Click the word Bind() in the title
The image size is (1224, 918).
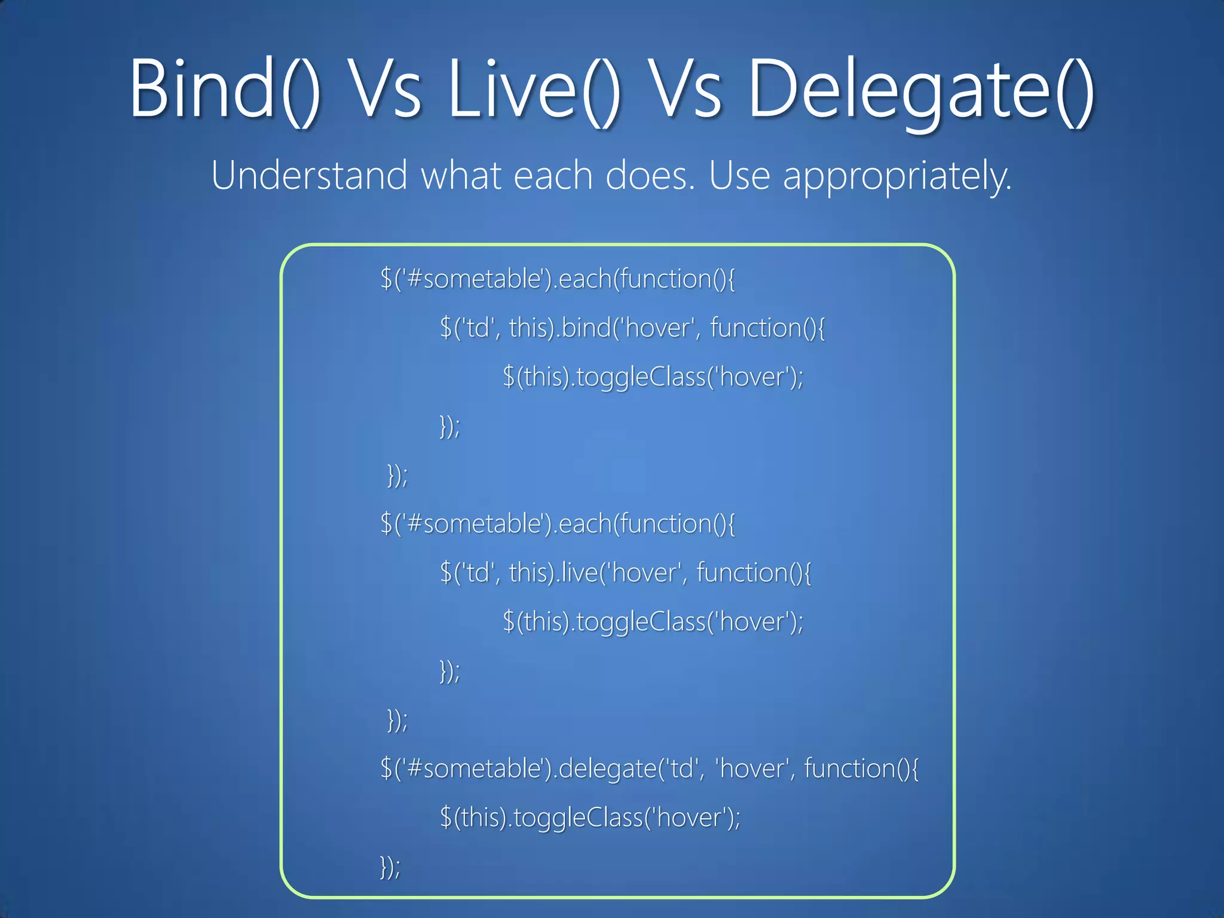click(x=225, y=90)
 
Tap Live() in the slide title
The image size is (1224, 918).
click(x=534, y=90)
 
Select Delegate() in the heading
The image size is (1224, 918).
click(x=921, y=90)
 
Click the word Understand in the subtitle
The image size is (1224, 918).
click(x=309, y=176)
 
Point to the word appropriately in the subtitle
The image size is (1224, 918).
click(x=897, y=177)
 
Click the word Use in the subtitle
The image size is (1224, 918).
click(x=739, y=176)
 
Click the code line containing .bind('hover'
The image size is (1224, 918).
click(x=632, y=328)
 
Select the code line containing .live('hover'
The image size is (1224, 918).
click(x=625, y=573)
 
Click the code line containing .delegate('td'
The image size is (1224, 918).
click(x=649, y=769)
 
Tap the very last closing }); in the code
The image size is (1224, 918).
click(x=390, y=867)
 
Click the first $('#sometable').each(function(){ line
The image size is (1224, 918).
click(x=557, y=279)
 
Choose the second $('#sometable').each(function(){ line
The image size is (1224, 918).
click(x=557, y=524)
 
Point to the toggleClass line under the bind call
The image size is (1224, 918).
click(x=653, y=377)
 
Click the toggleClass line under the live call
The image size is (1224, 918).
click(x=653, y=622)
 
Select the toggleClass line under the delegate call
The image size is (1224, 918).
click(x=590, y=818)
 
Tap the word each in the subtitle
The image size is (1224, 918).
click(x=553, y=176)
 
